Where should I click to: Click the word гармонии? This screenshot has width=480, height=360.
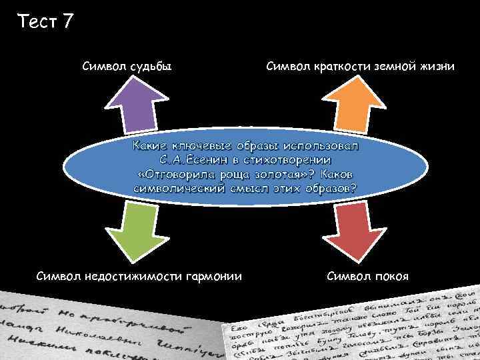[x=216, y=276]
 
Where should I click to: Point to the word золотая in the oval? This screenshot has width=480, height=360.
[x=281, y=175]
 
